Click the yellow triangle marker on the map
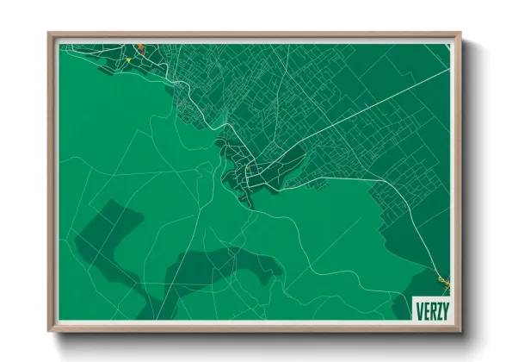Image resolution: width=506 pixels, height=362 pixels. pyautogui.click(x=128, y=60)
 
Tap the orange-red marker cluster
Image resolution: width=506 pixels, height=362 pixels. pyautogui.click(x=139, y=48)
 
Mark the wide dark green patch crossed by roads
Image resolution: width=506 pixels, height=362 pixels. pyautogui.click(x=219, y=267)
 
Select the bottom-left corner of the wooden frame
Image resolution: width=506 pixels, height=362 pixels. pyautogui.click(x=50, y=330)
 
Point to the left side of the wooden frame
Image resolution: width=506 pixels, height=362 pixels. pyautogui.click(x=52, y=181)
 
